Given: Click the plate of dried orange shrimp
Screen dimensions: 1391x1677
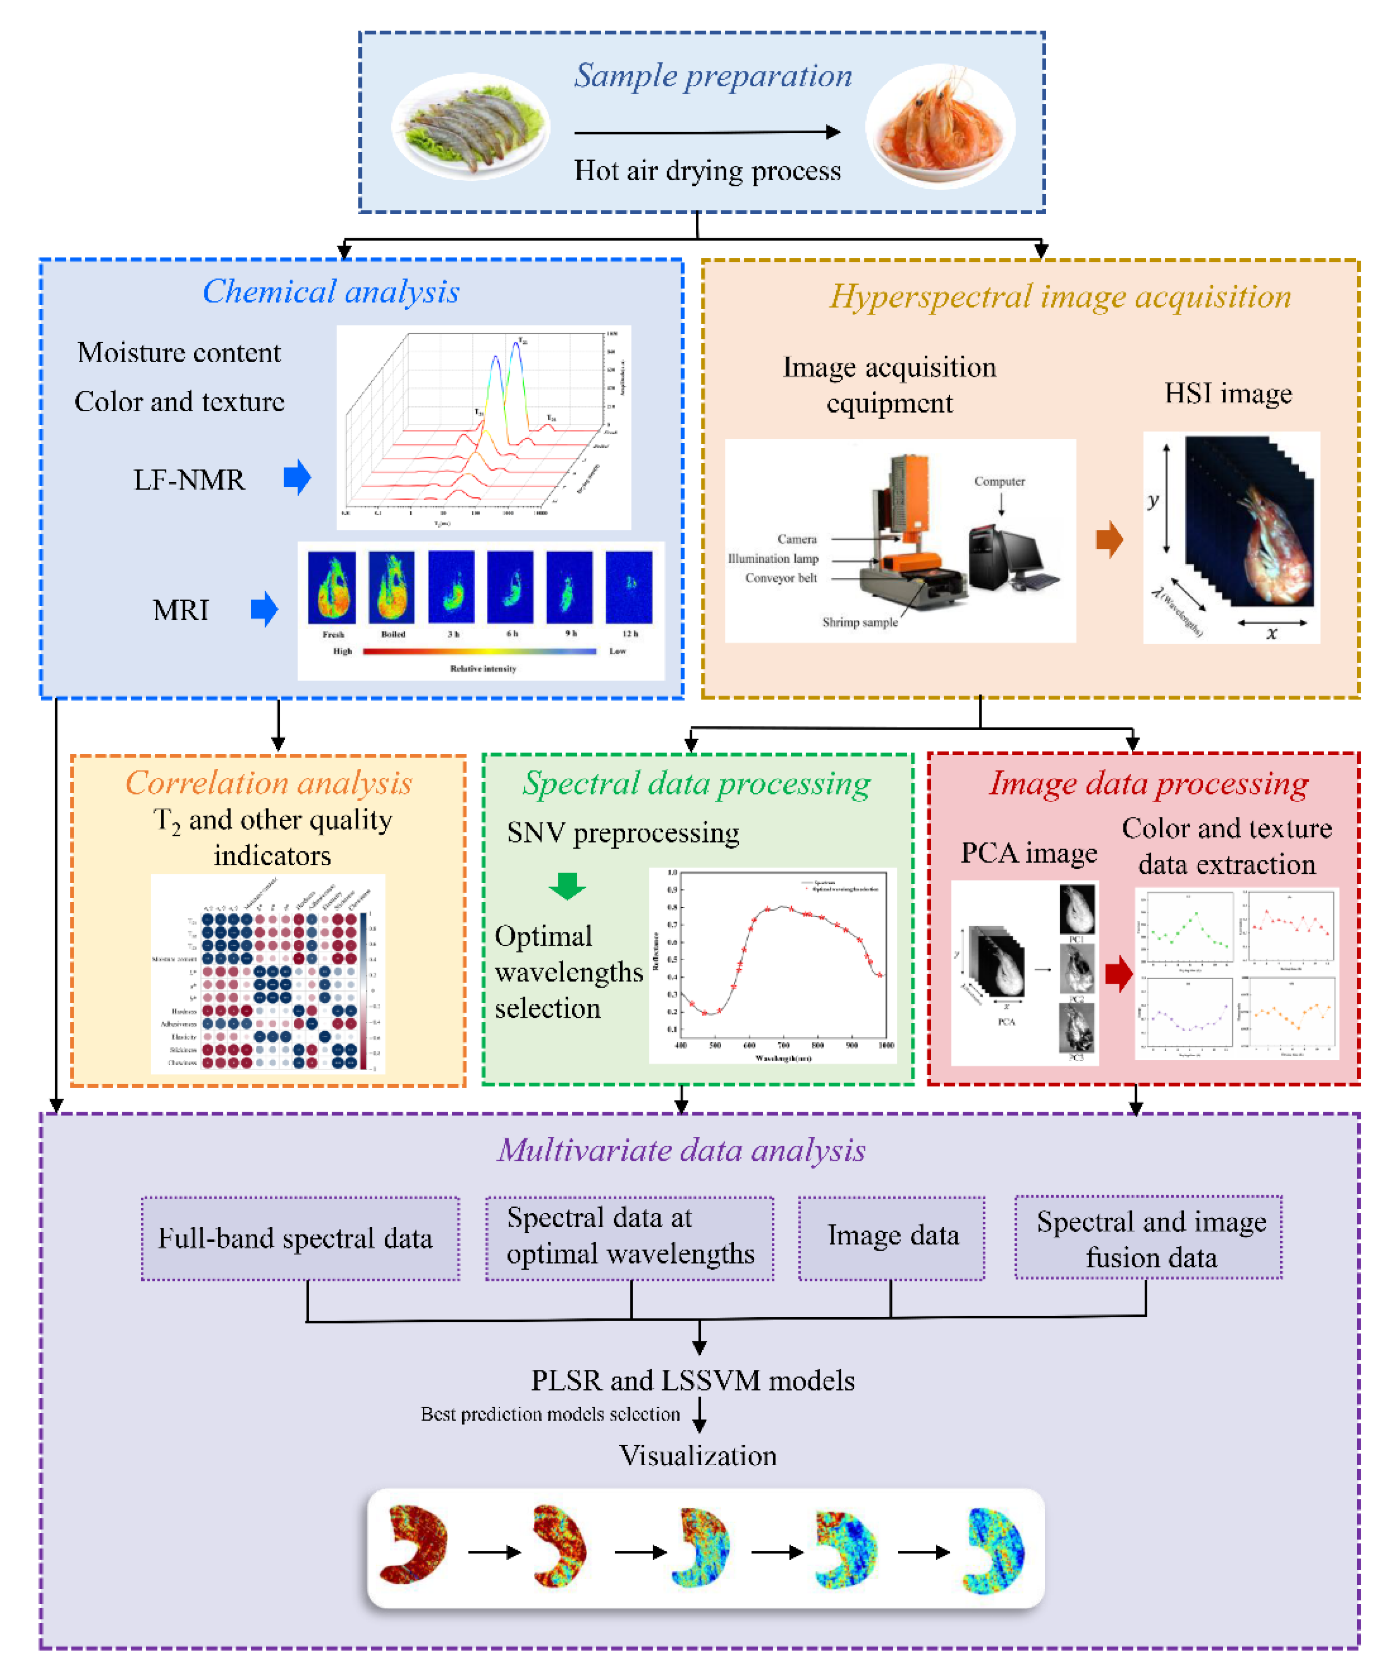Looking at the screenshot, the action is coord(940,126).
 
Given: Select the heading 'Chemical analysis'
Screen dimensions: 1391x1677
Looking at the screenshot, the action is coord(330,292).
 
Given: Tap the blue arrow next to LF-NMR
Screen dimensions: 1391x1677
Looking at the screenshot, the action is coord(297,478).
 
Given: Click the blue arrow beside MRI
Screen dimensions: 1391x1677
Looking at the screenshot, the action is coord(264,609).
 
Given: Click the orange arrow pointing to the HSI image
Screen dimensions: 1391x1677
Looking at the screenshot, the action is coord(1109,540).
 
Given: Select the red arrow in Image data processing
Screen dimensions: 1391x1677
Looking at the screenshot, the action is coord(1119,974).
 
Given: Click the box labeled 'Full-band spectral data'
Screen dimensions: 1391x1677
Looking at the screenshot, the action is coord(300,1238).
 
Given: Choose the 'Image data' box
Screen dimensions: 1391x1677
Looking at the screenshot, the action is coord(892,1236).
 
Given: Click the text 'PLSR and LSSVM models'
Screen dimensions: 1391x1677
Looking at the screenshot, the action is coord(692,1381).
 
